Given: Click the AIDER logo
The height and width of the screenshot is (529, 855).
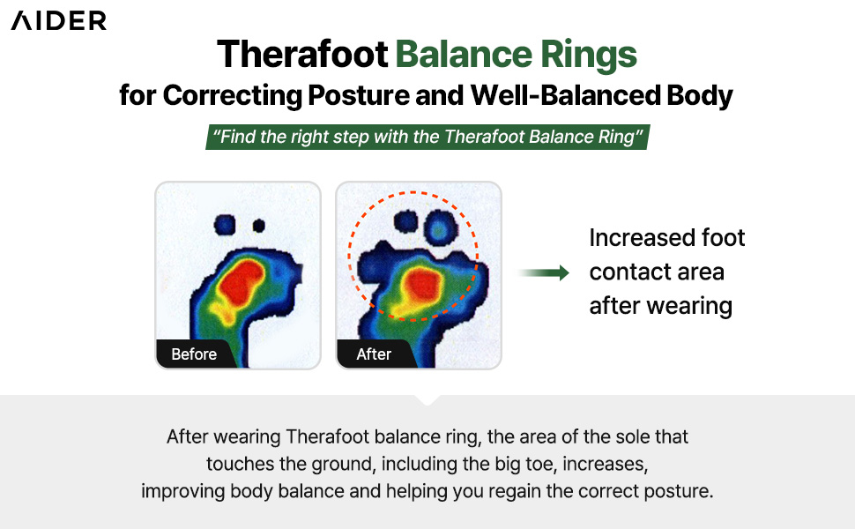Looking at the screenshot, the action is pos(59,21).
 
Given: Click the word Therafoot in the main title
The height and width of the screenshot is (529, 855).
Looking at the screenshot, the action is pos(302,54).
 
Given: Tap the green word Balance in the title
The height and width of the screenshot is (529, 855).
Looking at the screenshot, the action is pos(464,54).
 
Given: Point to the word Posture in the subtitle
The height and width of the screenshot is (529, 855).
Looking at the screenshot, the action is pos(358,95).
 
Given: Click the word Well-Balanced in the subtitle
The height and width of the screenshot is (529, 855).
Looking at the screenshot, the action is pos(565,95).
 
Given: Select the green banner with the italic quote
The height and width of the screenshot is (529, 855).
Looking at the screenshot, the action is pos(427,137).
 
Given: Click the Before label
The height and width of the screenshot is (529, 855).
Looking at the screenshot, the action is pos(194,354).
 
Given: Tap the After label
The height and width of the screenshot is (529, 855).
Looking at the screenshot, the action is pos(374,354).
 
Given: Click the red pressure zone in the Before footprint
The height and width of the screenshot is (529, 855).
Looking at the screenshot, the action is pos(240,282).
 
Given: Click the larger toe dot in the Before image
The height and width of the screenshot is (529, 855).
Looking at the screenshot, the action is pos(225,225).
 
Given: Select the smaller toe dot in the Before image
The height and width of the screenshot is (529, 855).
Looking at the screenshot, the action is pos(258,225).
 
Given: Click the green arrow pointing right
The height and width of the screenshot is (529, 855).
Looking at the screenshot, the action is pos(544,272).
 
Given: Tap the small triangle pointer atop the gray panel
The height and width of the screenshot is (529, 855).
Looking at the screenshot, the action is pos(428,400).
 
